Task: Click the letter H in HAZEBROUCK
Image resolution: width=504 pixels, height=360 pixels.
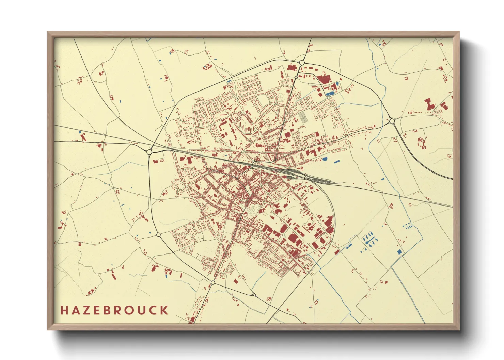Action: pos(64,310)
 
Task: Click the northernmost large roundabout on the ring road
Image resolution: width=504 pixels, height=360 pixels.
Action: pos(302,63)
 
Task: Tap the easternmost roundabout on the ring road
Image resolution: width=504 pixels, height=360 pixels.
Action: pos(392,121)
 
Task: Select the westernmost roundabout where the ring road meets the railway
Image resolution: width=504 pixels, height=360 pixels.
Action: pos(149,152)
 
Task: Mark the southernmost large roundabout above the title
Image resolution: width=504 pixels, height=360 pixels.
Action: pos(213,282)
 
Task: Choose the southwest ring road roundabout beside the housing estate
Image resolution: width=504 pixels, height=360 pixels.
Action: pos(158,235)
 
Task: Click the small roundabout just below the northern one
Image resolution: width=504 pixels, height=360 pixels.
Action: pos(296,77)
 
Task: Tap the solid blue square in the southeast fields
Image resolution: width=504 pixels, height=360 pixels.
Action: pos(399,252)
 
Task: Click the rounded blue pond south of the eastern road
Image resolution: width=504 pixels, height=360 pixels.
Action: pos(325,159)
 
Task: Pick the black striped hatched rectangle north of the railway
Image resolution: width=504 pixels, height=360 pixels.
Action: pos(303,117)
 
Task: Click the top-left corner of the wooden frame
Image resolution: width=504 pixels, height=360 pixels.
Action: pos(48,32)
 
